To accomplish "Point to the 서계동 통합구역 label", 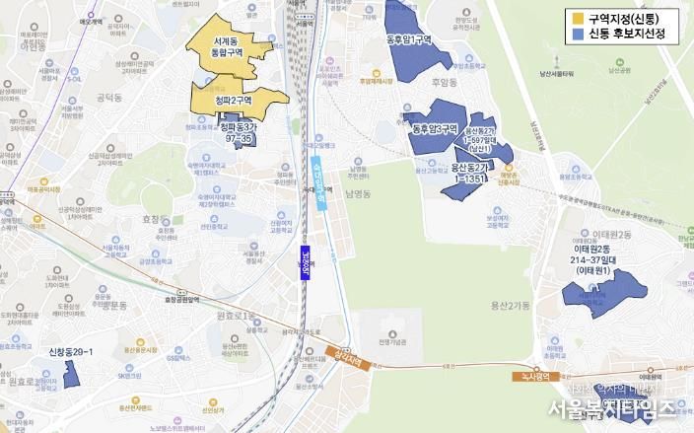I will tap(231, 46).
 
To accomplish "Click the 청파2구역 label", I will tap(235, 100).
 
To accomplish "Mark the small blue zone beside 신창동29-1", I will tap(72, 374).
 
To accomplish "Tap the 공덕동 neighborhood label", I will tap(108, 98).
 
